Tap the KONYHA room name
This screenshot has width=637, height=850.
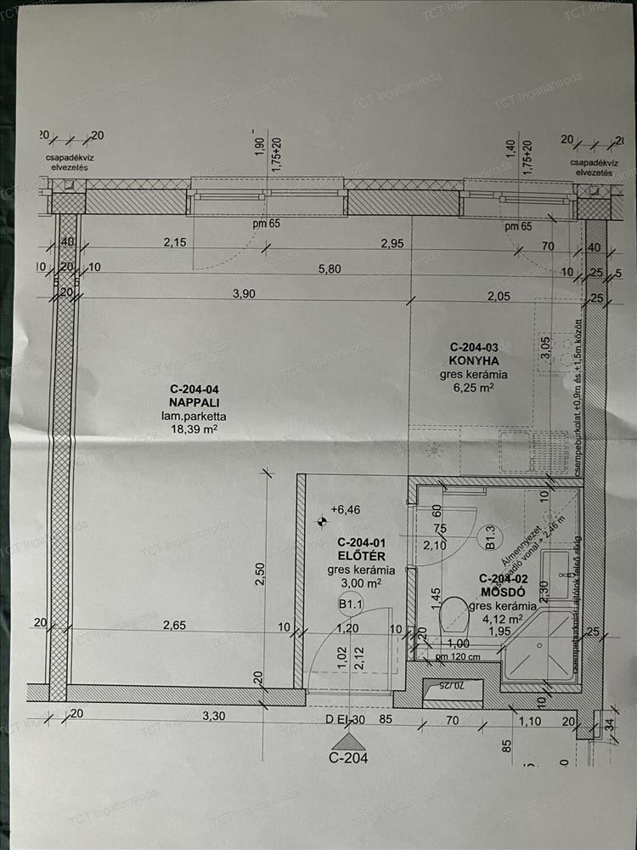click(x=473, y=360)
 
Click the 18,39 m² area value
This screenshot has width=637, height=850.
click(x=189, y=430)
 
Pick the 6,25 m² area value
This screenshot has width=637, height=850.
click(x=474, y=388)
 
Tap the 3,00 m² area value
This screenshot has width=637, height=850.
click(x=360, y=584)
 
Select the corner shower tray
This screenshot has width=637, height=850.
click(x=542, y=646)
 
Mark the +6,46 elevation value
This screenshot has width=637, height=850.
click(x=345, y=510)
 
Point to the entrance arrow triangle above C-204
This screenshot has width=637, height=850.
click(x=349, y=741)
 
